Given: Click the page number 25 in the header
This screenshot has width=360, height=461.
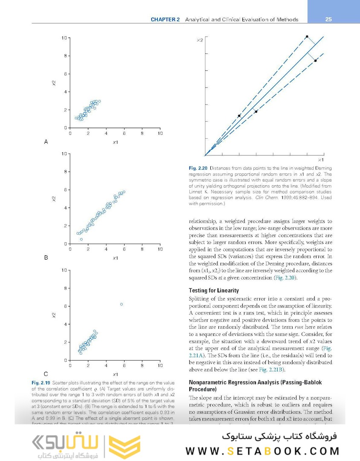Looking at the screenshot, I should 328,19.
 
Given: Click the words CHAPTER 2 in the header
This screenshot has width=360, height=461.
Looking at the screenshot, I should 165,20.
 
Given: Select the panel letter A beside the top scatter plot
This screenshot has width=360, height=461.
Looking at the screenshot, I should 46,142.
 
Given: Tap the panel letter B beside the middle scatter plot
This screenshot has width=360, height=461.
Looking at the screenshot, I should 46,258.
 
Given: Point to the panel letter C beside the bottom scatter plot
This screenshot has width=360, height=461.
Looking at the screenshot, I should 46,374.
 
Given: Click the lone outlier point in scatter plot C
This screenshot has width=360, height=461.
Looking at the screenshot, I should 122,304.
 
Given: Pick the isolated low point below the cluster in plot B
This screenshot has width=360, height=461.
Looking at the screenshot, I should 81,239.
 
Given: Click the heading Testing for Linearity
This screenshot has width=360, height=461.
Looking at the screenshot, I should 214,291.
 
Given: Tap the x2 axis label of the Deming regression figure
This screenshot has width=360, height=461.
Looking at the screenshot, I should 200,40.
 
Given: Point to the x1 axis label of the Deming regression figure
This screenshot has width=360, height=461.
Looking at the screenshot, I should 321,159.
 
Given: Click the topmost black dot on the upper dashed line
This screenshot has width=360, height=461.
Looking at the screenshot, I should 307,37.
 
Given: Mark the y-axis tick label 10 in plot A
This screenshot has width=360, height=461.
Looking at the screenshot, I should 64,38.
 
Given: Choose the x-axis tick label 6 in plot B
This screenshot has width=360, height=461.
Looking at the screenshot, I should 124,249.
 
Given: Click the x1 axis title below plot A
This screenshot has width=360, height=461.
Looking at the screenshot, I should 115,142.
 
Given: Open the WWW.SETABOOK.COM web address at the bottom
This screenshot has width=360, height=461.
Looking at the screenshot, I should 262,451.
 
